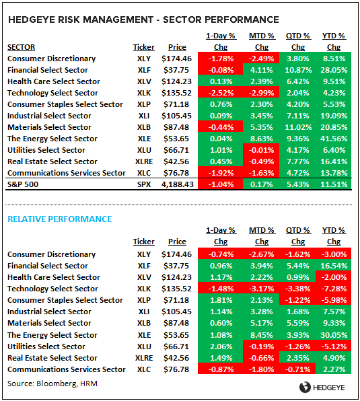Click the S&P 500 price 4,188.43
coord(176,184)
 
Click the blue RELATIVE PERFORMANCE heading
coord(59,219)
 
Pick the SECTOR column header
coord(22,47)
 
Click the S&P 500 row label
coord(23,184)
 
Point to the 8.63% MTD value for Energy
coord(258,139)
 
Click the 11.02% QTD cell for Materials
coord(296,127)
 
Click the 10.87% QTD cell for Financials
coord(296,70)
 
